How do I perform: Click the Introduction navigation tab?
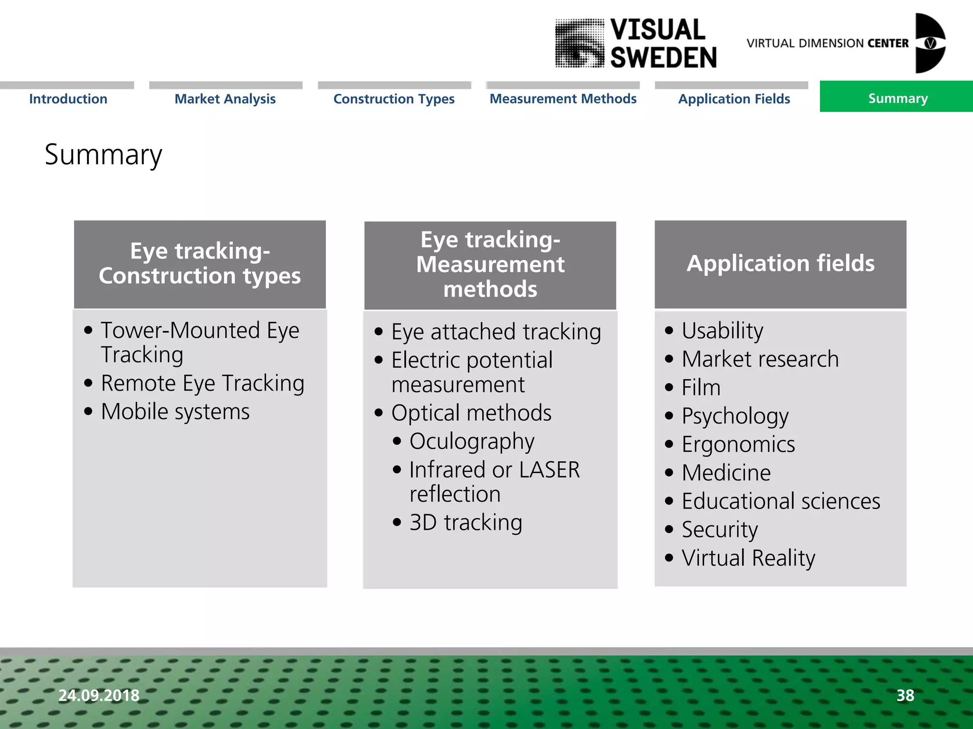point(68,99)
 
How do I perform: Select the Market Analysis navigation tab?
point(225,99)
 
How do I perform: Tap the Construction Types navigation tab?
point(394,99)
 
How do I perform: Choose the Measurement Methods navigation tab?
point(563,99)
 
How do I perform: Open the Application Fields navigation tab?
point(734,99)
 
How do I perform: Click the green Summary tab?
point(897,98)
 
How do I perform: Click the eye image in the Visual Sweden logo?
point(580,44)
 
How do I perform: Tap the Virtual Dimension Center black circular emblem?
point(930,43)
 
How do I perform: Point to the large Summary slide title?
point(103,155)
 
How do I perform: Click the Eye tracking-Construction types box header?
point(200,264)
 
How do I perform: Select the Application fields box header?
point(780,263)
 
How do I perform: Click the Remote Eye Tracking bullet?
point(202,383)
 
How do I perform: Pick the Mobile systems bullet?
point(175,411)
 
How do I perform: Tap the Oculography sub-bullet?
point(471,441)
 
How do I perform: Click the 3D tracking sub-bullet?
point(466,523)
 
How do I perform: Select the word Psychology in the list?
point(735,416)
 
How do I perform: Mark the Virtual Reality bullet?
point(748,558)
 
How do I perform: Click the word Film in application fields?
point(701,388)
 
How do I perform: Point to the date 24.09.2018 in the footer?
point(99,695)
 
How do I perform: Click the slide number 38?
point(905,695)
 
